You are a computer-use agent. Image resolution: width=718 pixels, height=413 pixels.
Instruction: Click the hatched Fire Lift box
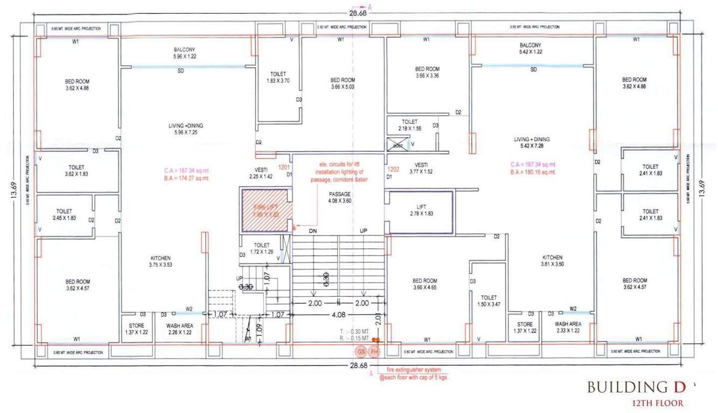[x=267, y=211]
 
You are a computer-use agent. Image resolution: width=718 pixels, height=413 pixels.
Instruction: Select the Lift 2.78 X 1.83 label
[x=421, y=210]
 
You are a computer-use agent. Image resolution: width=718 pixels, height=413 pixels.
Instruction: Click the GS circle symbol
[x=361, y=352]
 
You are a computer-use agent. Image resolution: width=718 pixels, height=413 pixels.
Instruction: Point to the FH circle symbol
[x=374, y=352]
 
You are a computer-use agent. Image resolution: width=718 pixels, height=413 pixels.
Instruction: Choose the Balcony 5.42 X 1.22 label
[x=531, y=48]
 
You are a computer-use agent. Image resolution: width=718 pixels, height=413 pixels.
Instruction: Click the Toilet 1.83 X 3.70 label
[x=278, y=77]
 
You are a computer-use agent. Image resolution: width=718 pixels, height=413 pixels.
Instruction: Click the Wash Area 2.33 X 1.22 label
[x=568, y=327]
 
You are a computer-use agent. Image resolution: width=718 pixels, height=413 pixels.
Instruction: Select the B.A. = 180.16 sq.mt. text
[x=533, y=172]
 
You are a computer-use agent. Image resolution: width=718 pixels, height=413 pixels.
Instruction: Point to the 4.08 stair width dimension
[x=338, y=315]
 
